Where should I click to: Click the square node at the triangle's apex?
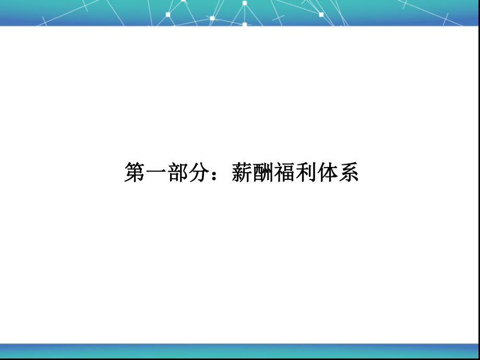244,3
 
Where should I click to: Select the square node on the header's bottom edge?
244,23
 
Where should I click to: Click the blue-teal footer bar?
240,351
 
